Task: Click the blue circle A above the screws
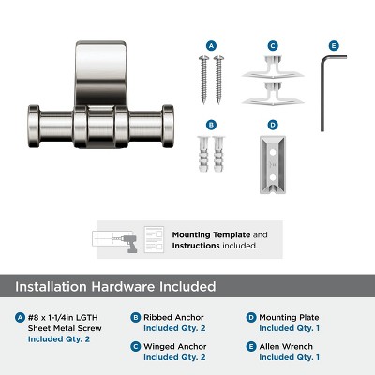pos(211,45)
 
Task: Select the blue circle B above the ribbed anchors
pos(211,124)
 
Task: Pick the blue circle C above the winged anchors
pos(273,45)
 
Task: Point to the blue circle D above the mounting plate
pos(273,124)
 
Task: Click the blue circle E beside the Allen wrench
pos(333,45)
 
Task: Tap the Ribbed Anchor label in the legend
pos(172,317)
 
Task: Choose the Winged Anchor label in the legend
pos(173,346)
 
